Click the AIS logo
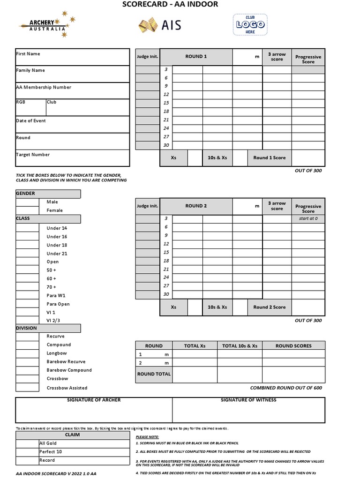159,25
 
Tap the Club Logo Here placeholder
250,24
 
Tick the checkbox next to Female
27,210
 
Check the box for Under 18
27,245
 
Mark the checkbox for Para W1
27,295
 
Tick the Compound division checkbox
27,345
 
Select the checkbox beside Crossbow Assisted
27,387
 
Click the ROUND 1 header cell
196,57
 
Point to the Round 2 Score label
269,307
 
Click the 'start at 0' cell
308,219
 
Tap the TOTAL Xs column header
195,346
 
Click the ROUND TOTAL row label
154,374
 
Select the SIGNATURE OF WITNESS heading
248,400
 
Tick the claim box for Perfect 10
27,452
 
